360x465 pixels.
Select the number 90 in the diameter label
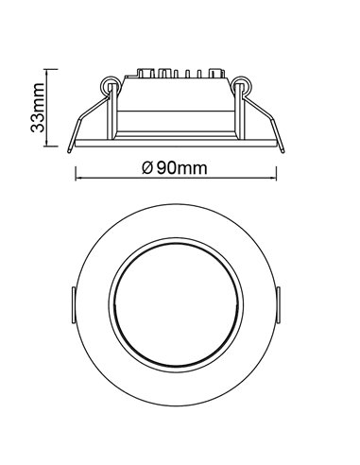pyautogui.click(x=166, y=168)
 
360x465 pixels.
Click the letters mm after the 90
pyautogui.click(x=194, y=168)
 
